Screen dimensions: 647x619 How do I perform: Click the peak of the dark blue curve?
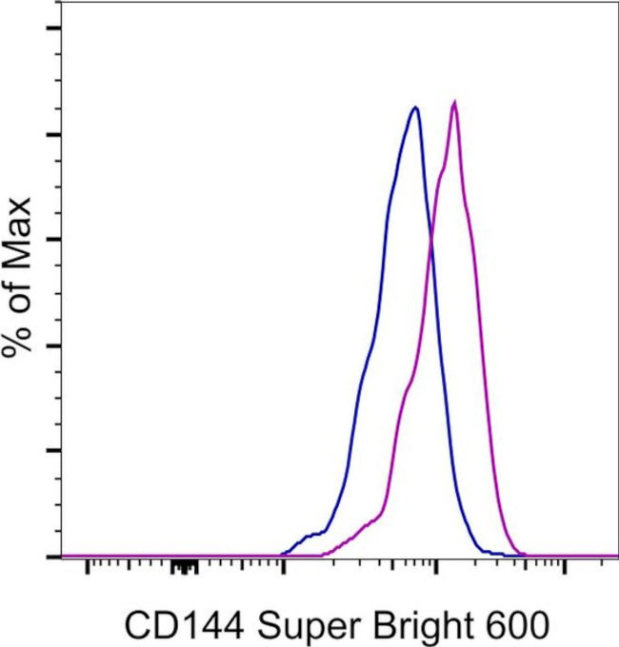[415, 108]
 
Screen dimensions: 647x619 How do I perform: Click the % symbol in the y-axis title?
[21, 338]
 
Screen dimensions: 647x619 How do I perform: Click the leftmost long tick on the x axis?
[88, 567]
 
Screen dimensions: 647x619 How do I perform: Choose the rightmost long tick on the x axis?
[565, 567]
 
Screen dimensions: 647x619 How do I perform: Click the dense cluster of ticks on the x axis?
[184, 567]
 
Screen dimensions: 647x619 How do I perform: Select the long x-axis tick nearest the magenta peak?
[436, 567]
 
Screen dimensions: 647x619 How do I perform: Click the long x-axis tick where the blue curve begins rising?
[283, 567]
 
